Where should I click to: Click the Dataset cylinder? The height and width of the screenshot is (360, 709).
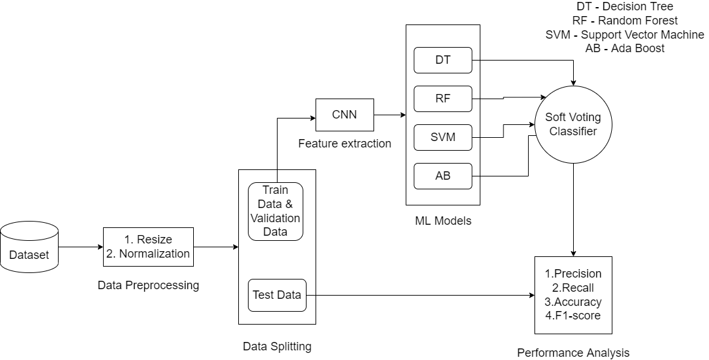pyautogui.click(x=29, y=247)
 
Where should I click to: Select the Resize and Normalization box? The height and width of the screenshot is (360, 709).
pyautogui.click(x=148, y=247)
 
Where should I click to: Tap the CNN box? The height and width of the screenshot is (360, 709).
pyautogui.click(x=345, y=115)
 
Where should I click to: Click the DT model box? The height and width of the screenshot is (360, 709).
pyautogui.click(x=443, y=61)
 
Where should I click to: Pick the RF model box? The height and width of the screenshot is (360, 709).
pyautogui.click(x=443, y=99)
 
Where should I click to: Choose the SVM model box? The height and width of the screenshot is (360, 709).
pyautogui.click(x=443, y=137)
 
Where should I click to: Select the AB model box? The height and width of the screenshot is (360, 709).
pyautogui.click(x=443, y=176)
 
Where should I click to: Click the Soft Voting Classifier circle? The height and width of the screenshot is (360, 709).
pyautogui.click(x=572, y=124)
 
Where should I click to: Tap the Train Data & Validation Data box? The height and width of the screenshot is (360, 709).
pyautogui.click(x=276, y=211)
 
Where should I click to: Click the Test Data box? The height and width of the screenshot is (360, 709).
pyautogui.click(x=276, y=296)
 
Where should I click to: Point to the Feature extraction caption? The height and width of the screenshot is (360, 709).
pyautogui.click(x=345, y=144)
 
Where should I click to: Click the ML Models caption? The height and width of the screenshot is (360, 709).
pyautogui.click(x=443, y=221)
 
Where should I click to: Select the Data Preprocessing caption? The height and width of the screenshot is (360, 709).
pyautogui.click(x=148, y=285)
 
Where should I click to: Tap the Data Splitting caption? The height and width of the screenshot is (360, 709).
pyautogui.click(x=277, y=346)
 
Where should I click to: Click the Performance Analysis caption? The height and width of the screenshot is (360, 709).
pyautogui.click(x=573, y=352)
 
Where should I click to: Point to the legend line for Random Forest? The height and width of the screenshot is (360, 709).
pyautogui.click(x=625, y=21)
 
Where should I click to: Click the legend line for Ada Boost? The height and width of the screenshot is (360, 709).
pyautogui.click(x=625, y=48)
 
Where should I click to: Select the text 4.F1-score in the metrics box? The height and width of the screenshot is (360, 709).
pyautogui.click(x=573, y=316)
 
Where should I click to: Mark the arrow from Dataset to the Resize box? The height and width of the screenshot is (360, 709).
pyautogui.click(x=80, y=247)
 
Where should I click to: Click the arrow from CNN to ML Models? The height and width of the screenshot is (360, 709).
pyautogui.click(x=390, y=115)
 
